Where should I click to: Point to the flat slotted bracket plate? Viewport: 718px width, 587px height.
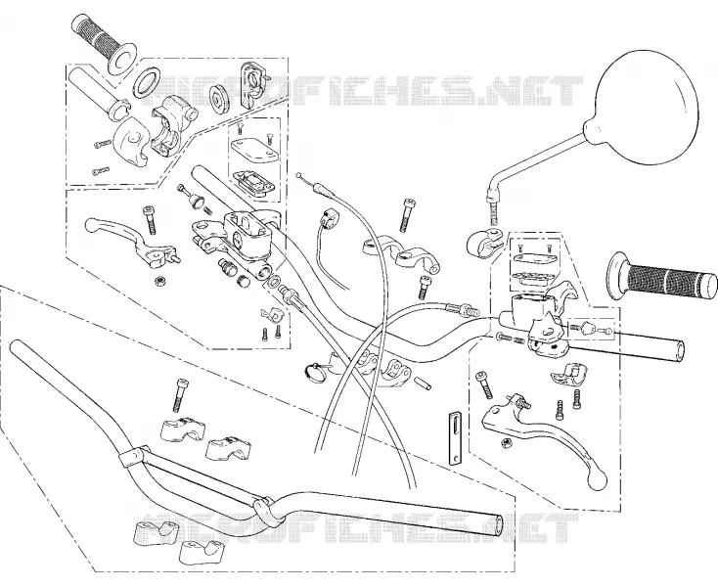[455, 438]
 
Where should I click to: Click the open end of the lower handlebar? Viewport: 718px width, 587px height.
[497, 523]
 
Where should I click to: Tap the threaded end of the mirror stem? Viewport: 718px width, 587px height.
[493, 212]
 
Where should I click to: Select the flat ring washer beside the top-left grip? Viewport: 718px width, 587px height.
[146, 83]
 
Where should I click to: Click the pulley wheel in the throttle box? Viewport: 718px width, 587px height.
[219, 99]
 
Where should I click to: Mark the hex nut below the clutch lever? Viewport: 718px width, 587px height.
[507, 443]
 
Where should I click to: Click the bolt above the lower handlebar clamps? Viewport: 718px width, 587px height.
[180, 394]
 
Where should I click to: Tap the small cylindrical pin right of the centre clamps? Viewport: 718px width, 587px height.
[424, 383]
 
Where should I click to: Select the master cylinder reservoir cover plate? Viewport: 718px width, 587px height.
[254, 150]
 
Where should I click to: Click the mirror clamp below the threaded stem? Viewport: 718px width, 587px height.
[482, 242]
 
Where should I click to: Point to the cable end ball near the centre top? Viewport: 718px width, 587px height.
[298, 174]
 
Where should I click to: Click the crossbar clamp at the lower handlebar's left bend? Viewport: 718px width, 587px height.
[133, 456]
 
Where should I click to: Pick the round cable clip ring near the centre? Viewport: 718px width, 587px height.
[316, 370]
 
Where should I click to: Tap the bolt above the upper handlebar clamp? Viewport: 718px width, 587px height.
[406, 215]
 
